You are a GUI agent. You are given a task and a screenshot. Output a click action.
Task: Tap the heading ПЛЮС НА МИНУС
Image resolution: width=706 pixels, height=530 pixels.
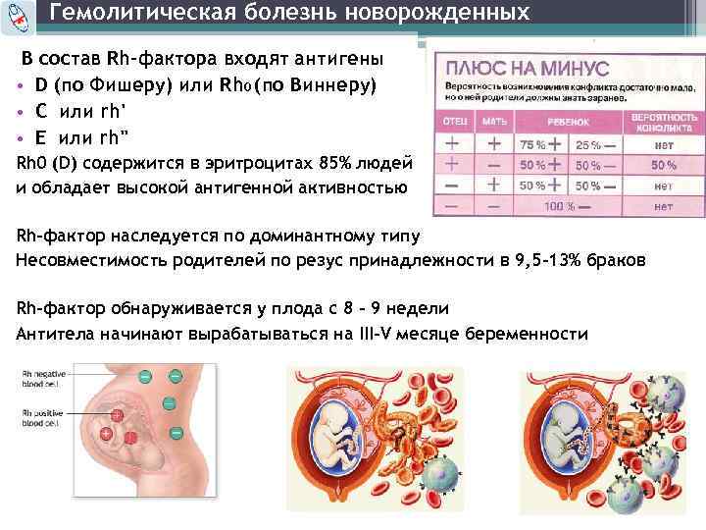coord(528,70)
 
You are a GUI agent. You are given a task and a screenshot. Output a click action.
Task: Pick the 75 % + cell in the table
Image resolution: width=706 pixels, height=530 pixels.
coord(537,144)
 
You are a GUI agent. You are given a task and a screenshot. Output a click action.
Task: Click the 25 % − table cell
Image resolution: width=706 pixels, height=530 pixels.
coord(593,144)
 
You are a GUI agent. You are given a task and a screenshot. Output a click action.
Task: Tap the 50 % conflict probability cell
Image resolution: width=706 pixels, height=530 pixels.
coord(664,165)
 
